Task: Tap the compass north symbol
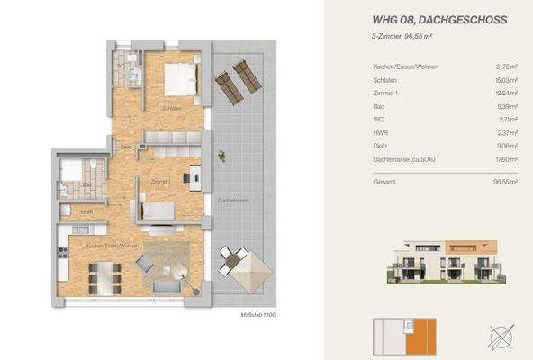click(x=501, y=337)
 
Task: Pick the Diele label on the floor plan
click(x=127, y=147)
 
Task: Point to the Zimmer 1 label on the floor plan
click(x=160, y=182)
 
